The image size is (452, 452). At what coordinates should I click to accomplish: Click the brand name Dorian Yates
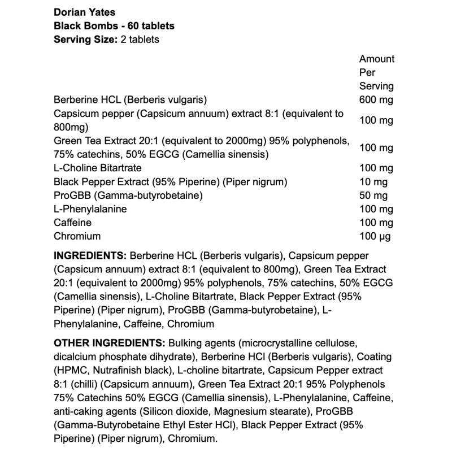click(x=84, y=12)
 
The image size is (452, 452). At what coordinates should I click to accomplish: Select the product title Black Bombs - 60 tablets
click(x=114, y=26)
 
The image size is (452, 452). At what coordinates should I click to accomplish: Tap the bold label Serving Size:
click(x=86, y=40)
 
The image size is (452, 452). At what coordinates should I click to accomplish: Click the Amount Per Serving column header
click(x=377, y=72)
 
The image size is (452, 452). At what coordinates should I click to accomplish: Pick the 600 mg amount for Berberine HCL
click(x=376, y=100)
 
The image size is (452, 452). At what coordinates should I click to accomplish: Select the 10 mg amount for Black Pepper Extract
click(x=373, y=182)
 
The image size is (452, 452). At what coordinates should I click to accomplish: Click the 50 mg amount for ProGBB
click(x=373, y=195)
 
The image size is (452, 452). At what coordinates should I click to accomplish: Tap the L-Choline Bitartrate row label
click(x=97, y=168)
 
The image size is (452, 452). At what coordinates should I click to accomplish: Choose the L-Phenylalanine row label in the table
click(x=90, y=209)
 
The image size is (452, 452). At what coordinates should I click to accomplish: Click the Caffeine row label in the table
click(x=72, y=223)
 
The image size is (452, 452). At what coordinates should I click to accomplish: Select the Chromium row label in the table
click(x=77, y=236)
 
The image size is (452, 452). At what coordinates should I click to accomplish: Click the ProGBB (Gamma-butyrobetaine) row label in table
click(x=128, y=195)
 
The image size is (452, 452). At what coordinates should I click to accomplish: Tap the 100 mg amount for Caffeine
click(x=376, y=223)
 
